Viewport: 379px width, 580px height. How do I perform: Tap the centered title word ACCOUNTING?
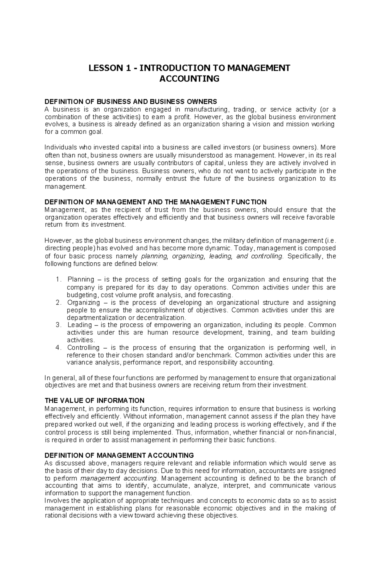pyautogui.click(x=189, y=79)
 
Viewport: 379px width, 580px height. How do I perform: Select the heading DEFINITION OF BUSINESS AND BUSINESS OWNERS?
pyautogui.click(x=131, y=102)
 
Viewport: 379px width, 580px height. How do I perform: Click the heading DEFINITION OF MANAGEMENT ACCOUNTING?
pyautogui.click(x=119, y=455)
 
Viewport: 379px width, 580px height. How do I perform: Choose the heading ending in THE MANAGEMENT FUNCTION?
pyautogui.click(x=156, y=202)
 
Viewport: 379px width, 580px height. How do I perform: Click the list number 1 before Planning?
pyautogui.click(x=57, y=280)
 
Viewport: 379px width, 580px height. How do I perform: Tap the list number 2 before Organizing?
pyautogui.click(x=57, y=303)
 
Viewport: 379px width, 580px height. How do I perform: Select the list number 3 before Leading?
pyautogui.click(x=57, y=325)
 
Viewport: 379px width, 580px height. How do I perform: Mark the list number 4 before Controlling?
pyautogui.click(x=57, y=348)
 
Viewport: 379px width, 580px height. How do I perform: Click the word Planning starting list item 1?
pyautogui.click(x=81, y=280)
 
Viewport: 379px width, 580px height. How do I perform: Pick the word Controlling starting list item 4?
pyautogui.click(x=83, y=348)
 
